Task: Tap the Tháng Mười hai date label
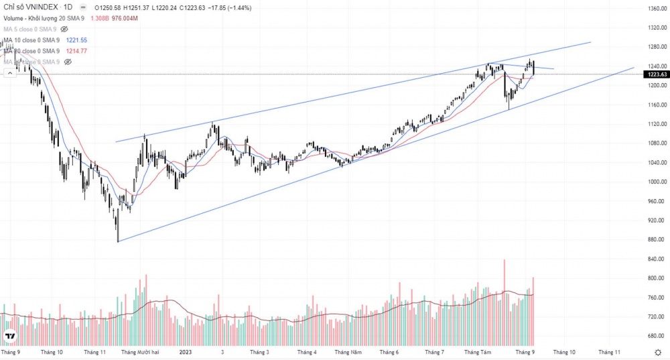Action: [x=140, y=351]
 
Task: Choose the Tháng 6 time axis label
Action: [x=389, y=351]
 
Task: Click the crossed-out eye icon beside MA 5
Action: [x=64, y=29]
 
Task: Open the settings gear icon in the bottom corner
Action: [x=658, y=351]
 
